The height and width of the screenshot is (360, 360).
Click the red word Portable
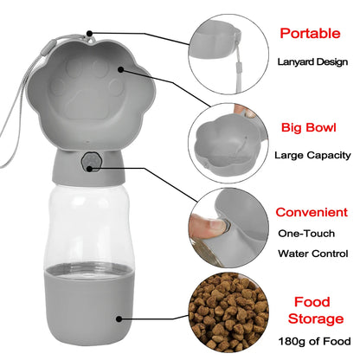(x=310, y=35)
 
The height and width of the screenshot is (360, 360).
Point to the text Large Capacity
(x=311, y=156)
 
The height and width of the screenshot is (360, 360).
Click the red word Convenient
(x=312, y=212)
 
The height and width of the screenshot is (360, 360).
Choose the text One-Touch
(x=309, y=234)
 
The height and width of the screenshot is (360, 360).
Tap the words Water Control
(x=312, y=254)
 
